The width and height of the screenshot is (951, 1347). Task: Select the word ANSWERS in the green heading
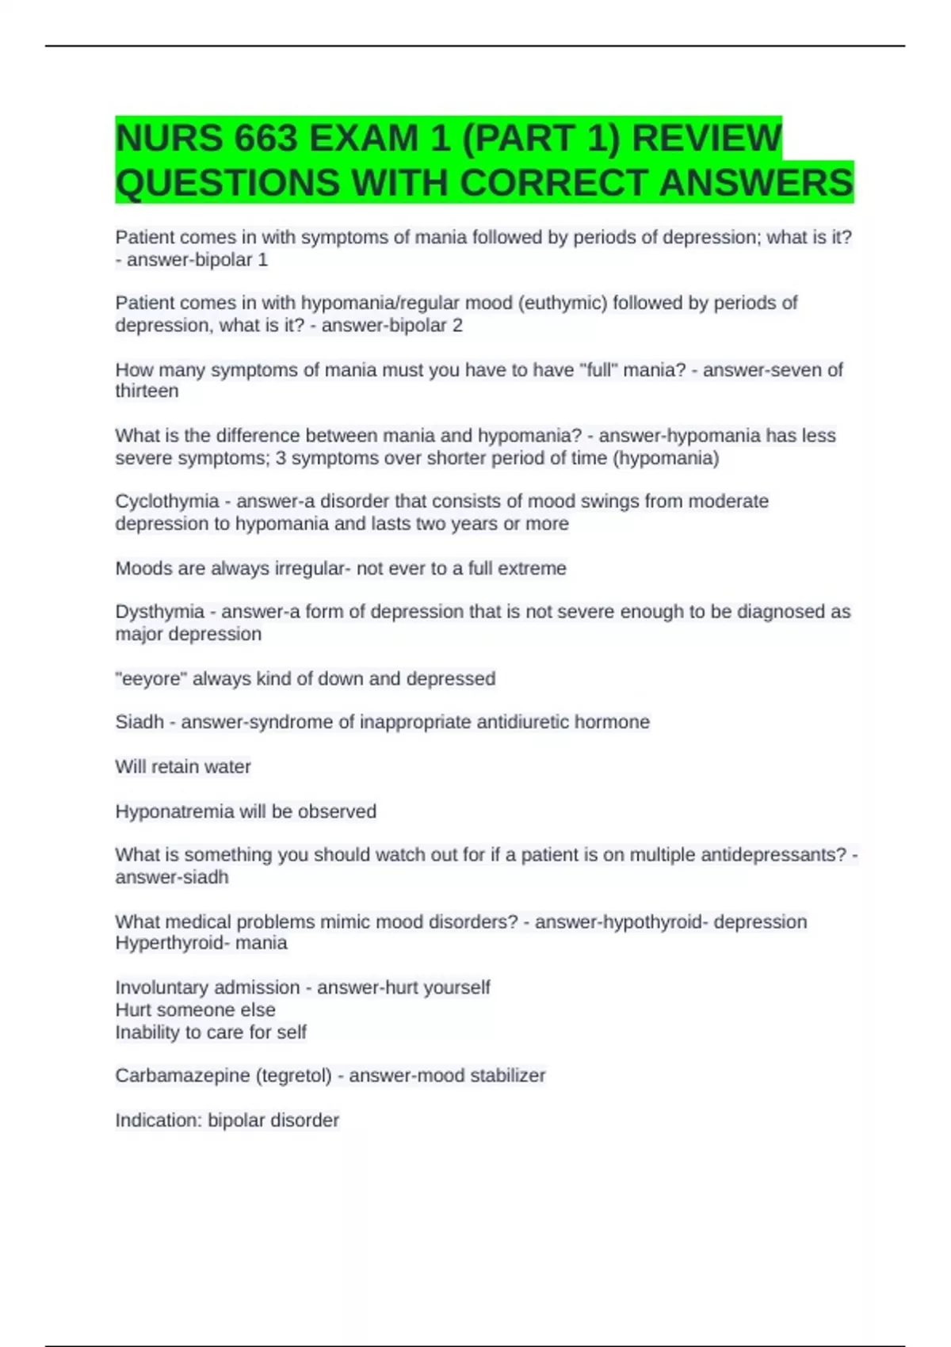[756, 183]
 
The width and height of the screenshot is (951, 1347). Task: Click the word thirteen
[147, 391]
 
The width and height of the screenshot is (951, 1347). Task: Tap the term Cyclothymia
[166, 502]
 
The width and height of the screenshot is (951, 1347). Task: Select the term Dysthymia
[159, 612]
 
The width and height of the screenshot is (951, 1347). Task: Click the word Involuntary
[162, 987]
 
